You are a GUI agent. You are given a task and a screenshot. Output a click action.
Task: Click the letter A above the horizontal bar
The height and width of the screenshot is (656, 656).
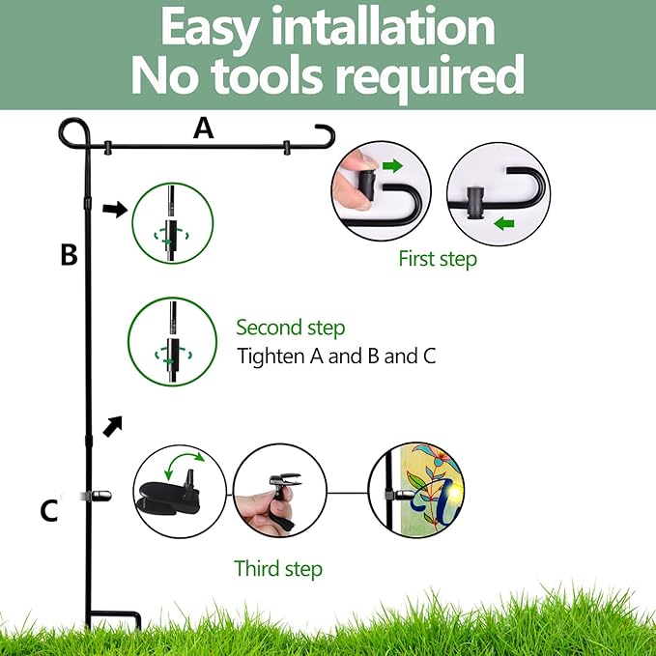203,128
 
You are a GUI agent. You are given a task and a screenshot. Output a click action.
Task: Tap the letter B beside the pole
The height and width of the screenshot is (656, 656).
69,254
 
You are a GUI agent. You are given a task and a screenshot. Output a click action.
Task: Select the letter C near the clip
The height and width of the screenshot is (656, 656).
49,510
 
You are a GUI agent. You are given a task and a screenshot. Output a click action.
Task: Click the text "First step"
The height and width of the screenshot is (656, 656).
438,259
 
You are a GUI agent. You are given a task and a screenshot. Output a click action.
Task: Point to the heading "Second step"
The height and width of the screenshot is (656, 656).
291,328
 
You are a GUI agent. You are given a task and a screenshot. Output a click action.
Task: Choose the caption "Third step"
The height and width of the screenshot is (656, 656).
278,568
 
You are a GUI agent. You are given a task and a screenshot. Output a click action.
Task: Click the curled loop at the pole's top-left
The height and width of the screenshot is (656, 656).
74,133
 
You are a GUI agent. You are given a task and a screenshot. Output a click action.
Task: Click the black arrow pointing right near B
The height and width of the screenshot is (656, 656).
115,209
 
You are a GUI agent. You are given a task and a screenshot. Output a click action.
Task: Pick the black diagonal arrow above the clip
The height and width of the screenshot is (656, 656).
112,426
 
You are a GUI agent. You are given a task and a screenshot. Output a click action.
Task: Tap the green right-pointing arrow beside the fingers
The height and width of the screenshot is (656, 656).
392,165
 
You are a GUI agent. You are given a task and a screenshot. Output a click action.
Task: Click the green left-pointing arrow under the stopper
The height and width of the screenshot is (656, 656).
503,224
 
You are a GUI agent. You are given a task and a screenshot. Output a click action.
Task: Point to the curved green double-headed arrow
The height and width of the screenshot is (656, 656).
185,459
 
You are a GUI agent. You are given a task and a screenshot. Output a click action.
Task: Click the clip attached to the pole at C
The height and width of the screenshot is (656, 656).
97,496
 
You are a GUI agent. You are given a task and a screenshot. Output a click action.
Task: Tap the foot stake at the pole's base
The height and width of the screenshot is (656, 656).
115,620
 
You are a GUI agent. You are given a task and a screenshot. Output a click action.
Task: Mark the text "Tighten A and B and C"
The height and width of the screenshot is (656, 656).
336,357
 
